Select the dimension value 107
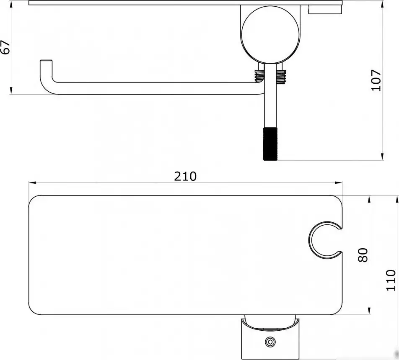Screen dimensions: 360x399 pos(376,81)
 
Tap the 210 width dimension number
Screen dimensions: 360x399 pos(185,176)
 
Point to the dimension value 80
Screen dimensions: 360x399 pos(363,255)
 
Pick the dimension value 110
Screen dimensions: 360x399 pos(391,280)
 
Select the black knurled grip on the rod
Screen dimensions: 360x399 pos(270,144)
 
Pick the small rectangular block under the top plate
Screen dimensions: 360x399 pos(325,10)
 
